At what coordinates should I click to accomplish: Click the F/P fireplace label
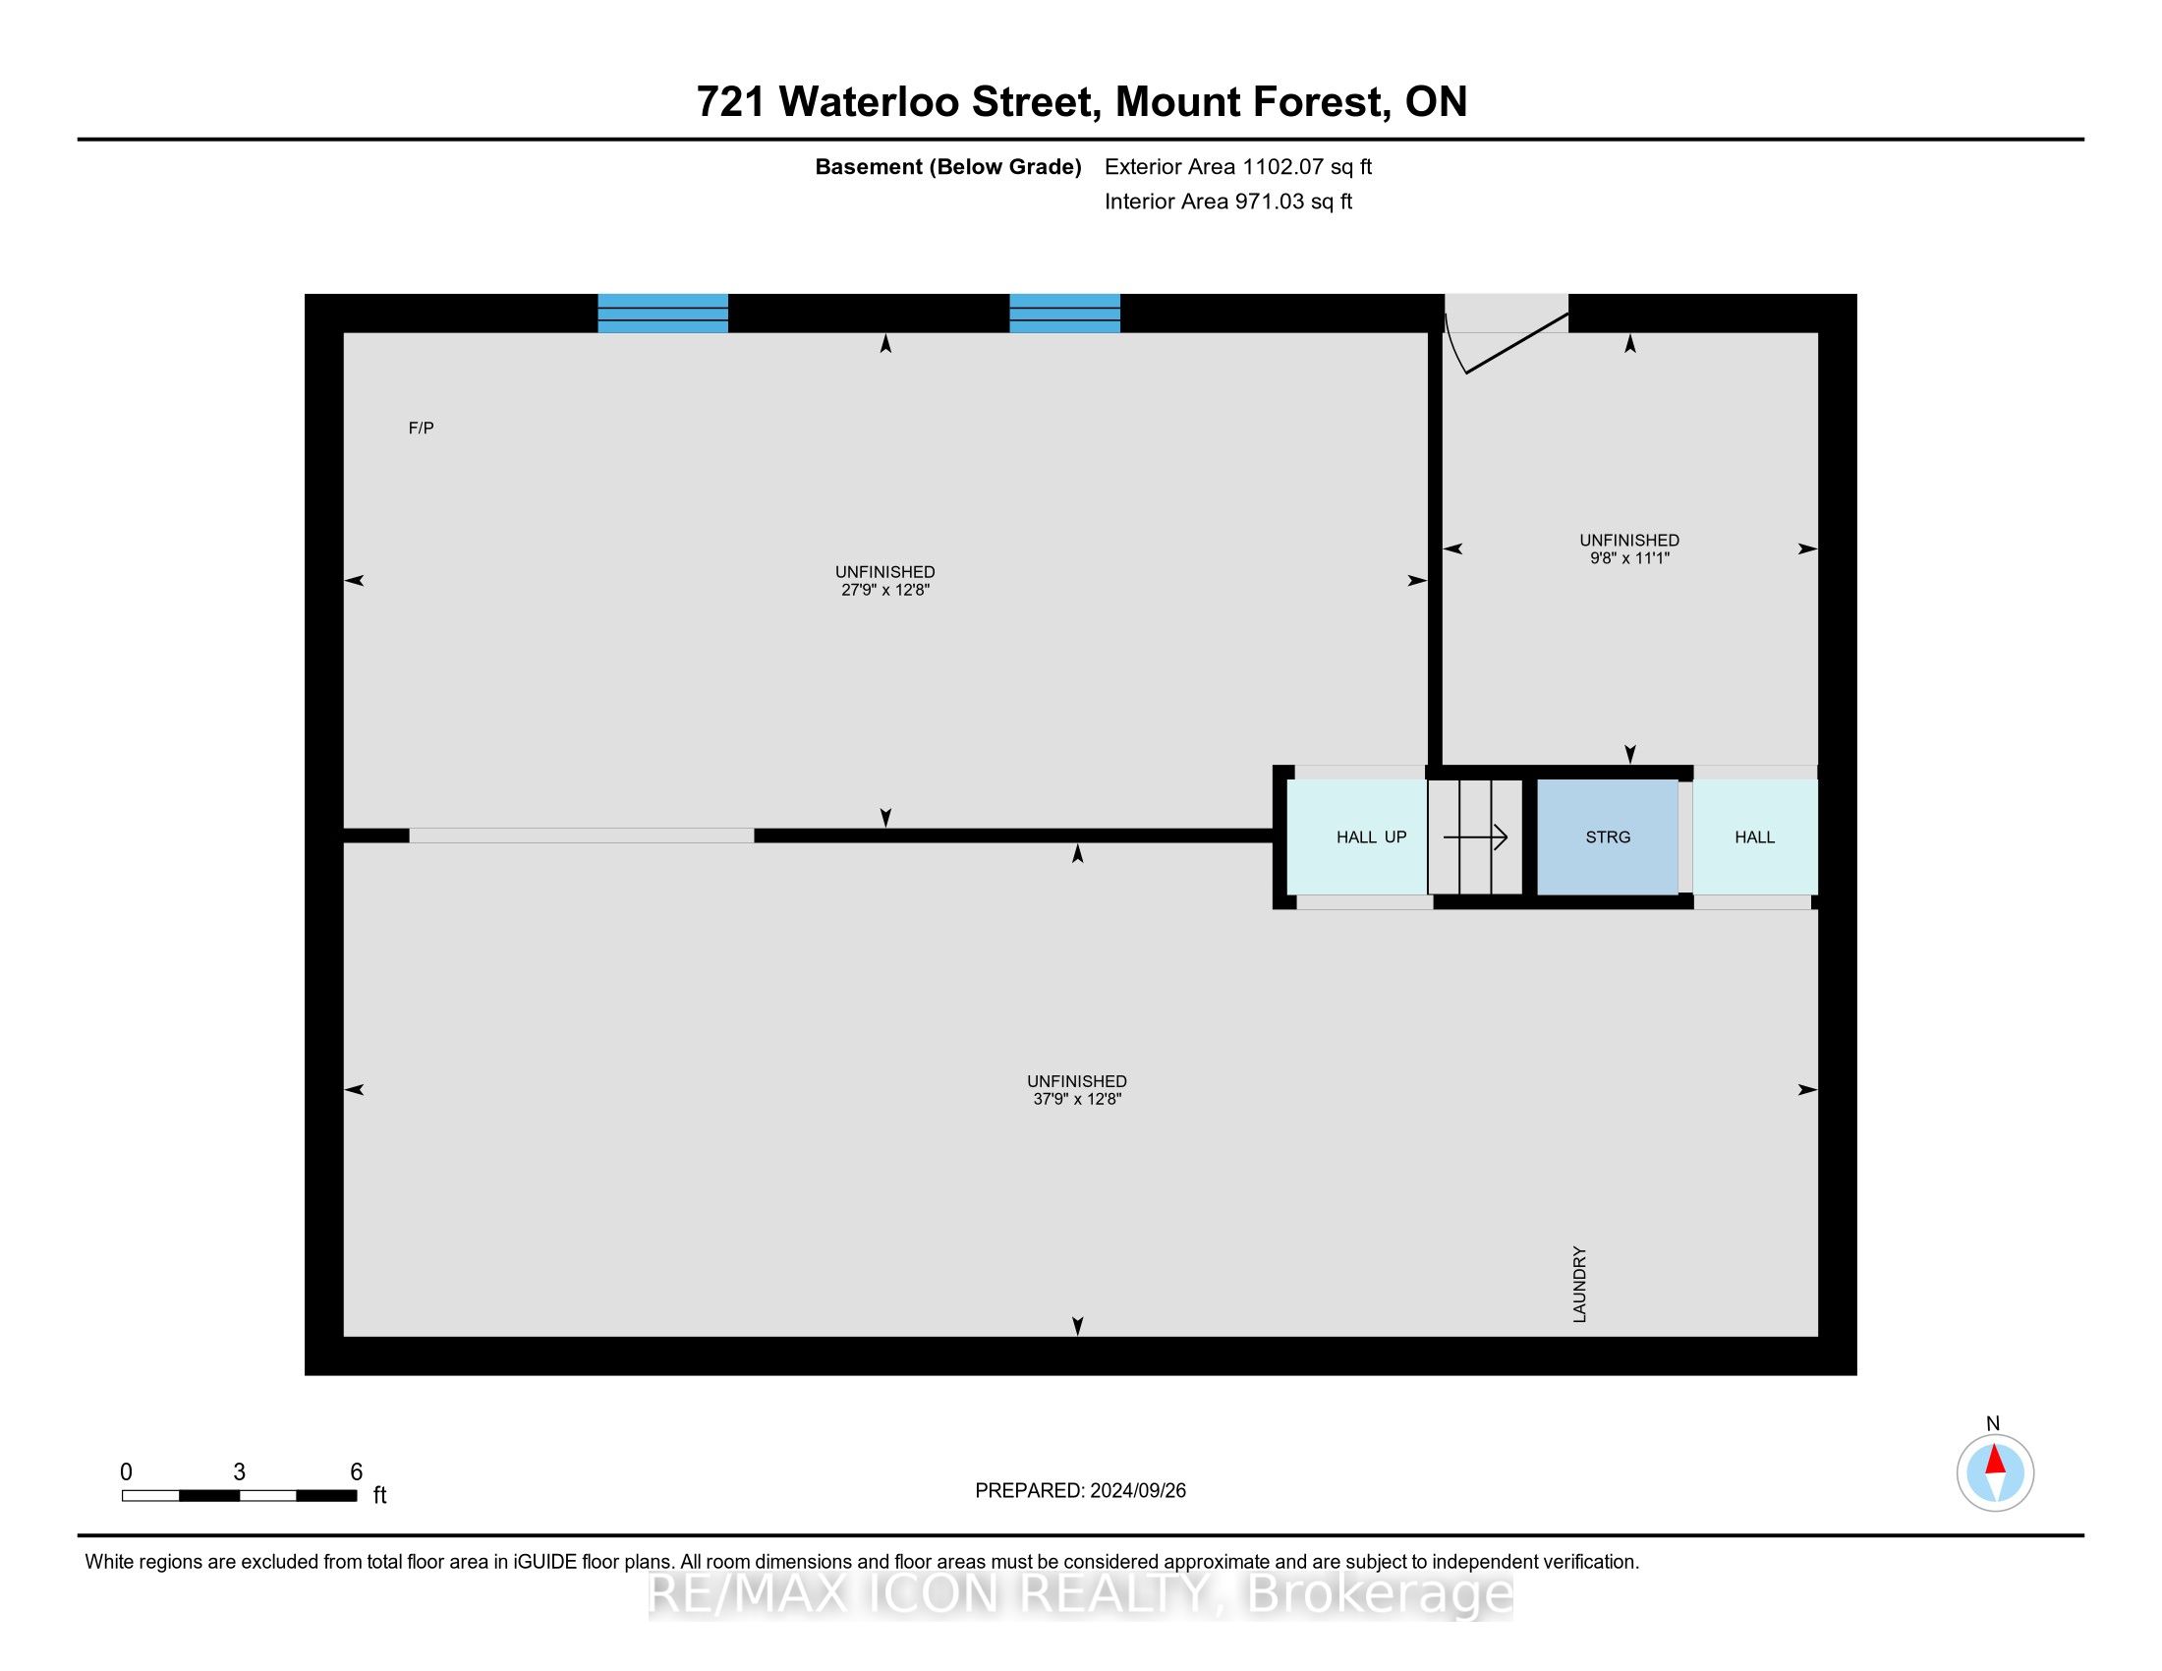click(x=421, y=428)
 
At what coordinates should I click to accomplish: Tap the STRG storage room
click(x=1607, y=836)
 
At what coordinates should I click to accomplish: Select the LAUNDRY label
click(x=1579, y=1284)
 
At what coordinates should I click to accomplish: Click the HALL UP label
click(x=1371, y=837)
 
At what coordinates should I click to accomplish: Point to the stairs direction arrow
click(x=1475, y=837)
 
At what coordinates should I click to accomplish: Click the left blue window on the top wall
click(x=663, y=313)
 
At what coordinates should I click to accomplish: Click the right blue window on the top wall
click(x=1065, y=313)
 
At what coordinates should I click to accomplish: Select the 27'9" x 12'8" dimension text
click(x=885, y=590)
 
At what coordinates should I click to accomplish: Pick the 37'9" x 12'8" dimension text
click(x=1077, y=1099)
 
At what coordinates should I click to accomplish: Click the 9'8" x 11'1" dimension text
click(x=1629, y=558)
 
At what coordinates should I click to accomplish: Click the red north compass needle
click(x=1995, y=1461)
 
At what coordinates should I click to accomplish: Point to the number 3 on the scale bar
click(x=240, y=1472)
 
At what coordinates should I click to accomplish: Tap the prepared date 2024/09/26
click(x=1137, y=1491)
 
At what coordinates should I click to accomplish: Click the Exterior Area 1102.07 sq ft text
click(x=1238, y=166)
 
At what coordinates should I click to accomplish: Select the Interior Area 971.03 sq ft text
click(x=1228, y=202)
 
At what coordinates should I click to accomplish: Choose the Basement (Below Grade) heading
click(x=948, y=167)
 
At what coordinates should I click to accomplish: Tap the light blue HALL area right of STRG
click(x=1755, y=836)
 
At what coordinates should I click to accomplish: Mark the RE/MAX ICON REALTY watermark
click(x=1080, y=1594)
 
